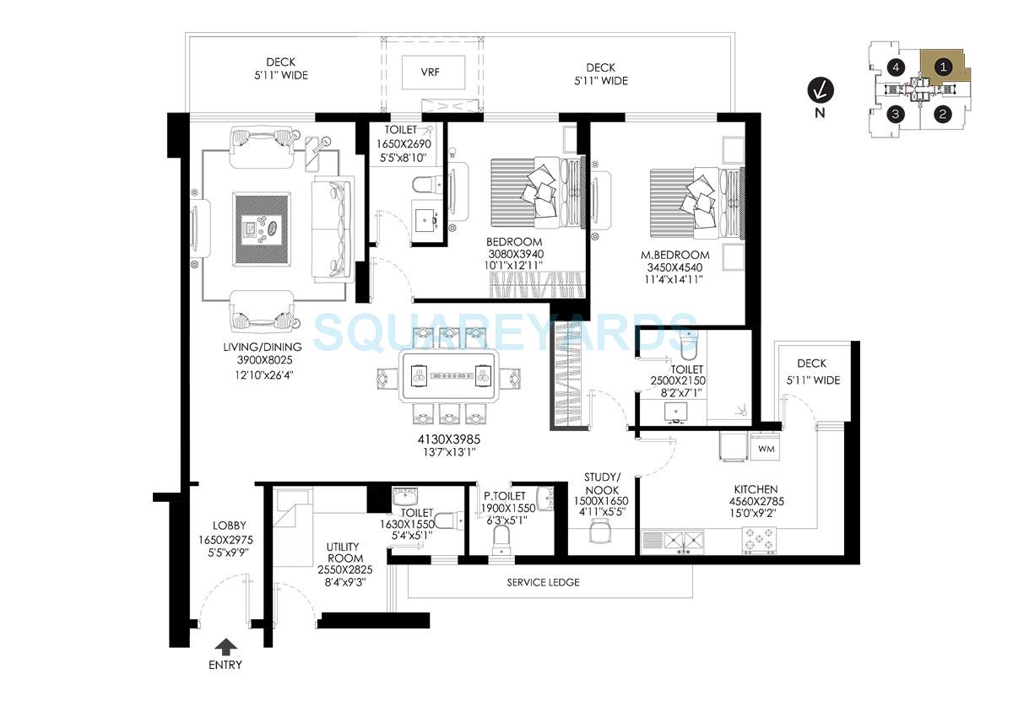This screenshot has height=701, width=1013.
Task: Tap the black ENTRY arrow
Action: tap(225, 647)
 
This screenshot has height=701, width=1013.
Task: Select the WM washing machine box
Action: tap(767, 448)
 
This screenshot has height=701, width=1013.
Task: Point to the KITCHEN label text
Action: tap(756, 489)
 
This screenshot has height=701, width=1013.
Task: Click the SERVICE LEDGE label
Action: tap(544, 582)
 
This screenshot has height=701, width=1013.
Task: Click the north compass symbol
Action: tap(817, 88)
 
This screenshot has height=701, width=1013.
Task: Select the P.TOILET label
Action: tap(504, 496)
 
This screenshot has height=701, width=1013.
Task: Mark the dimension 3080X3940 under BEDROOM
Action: tap(514, 254)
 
